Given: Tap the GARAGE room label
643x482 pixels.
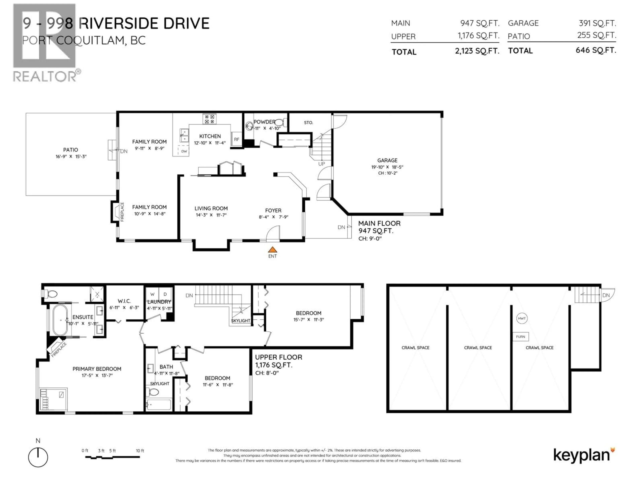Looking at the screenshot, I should point(387,160).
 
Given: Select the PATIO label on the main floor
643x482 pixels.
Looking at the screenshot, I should point(71,150).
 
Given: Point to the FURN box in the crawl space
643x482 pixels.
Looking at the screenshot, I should point(520,337).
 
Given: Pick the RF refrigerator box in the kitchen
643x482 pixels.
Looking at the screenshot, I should point(237,139).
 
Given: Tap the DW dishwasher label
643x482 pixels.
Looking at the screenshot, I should point(184,151).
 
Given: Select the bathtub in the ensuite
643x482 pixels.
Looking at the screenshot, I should point(60,320).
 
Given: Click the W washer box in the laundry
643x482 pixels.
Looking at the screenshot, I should point(152,294).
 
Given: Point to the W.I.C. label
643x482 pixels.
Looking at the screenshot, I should point(124,301).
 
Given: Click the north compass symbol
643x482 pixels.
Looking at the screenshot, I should point(38,457).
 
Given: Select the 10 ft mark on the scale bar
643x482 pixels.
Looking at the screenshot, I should point(140,451).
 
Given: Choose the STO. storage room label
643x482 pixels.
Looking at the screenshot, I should point(308,123).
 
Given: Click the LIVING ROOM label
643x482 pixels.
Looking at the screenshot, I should point(211,208).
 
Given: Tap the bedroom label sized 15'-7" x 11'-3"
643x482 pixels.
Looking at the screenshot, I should point(308,313).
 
